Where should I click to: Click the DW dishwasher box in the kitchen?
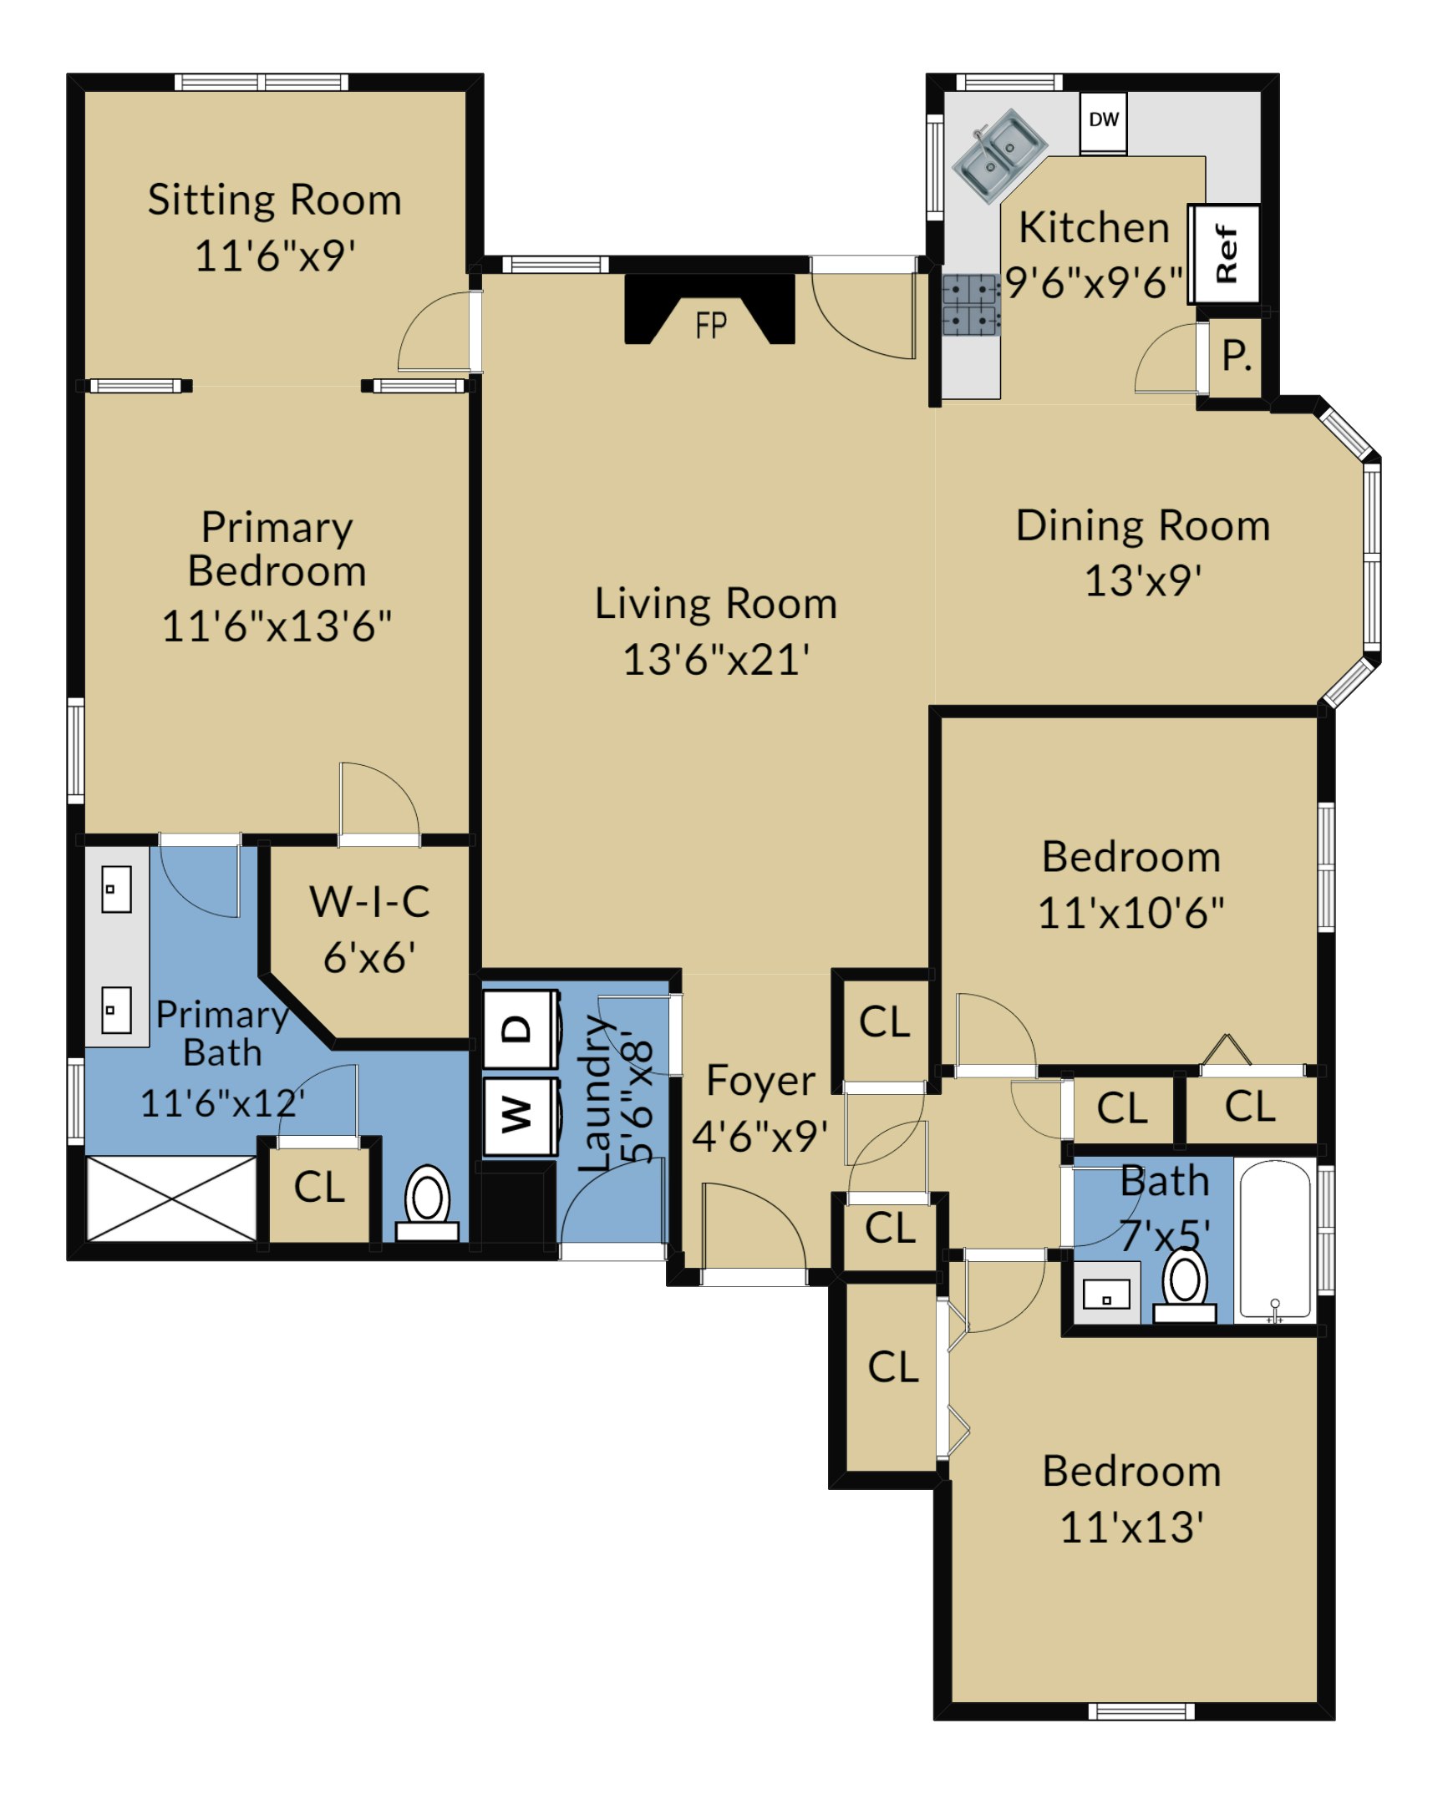click(x=1103, y=122)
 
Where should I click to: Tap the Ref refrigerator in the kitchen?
click(x=1225, y=254)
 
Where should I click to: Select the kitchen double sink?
click(x=999, y=155)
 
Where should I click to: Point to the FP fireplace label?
click(x=711, y=325)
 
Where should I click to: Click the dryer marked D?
click(x=521, y=1028)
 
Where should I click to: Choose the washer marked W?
click(x=521, y=1115)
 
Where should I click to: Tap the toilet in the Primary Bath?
click(x=427, y=1204)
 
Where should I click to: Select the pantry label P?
click(x=1237, y=357)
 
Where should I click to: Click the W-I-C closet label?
click(x=369, y=902)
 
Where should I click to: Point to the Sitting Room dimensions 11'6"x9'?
click(x=275, y=256)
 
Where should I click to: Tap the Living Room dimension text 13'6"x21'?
click(x=716, y=660)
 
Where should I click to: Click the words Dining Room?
click(x=1143, y=526)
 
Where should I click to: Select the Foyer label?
click(x=760, y=1081)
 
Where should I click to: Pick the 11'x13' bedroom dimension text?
click(x=1131, y=1528)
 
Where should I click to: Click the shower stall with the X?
click(x=171, y=1199)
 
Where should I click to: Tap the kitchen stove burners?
click(x=970, y=305)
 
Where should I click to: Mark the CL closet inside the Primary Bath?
click(x=318, y=1188)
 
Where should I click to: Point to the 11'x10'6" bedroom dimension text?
click(x=1131, y=913)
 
